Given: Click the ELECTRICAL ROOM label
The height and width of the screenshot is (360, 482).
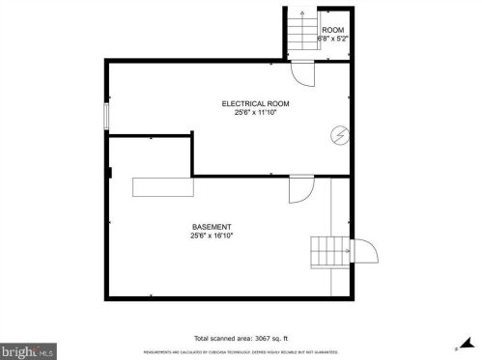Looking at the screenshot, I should point(255,103).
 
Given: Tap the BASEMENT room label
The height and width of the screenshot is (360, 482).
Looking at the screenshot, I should point(212,227).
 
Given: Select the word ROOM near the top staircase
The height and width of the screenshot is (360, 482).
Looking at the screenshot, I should point(333,31).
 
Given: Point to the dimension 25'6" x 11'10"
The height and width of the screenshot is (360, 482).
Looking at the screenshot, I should point(255,112).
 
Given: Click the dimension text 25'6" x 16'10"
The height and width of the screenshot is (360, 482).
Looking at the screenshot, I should point(212,235).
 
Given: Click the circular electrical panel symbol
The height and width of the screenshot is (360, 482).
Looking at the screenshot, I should point(339,135).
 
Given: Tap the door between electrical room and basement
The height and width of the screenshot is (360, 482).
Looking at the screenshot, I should point(300,187).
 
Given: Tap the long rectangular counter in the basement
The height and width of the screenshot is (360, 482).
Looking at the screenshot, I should point(162,187).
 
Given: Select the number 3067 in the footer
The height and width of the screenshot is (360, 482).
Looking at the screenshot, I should point(264,338).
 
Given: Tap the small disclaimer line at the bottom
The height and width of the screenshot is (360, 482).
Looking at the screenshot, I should point(241,351).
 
